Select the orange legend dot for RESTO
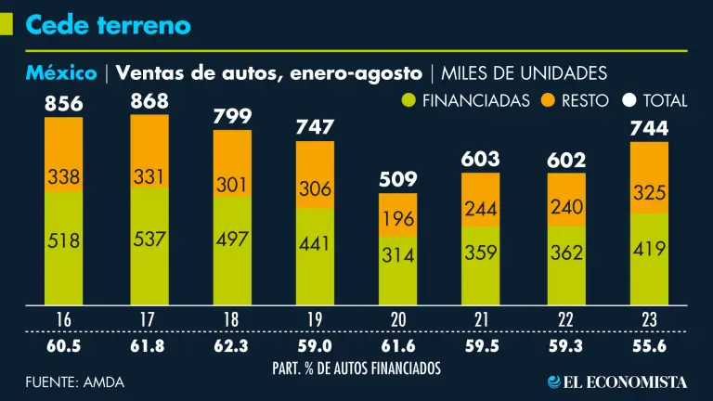[548, 100]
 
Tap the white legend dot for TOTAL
[629, 100]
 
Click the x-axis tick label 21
[482, 319]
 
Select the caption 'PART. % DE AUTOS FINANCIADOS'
[356, 368]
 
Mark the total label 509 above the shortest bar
[398, 177]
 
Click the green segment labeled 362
[565, 253]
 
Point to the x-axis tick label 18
[231, 319]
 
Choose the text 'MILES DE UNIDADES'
[525, 73]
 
